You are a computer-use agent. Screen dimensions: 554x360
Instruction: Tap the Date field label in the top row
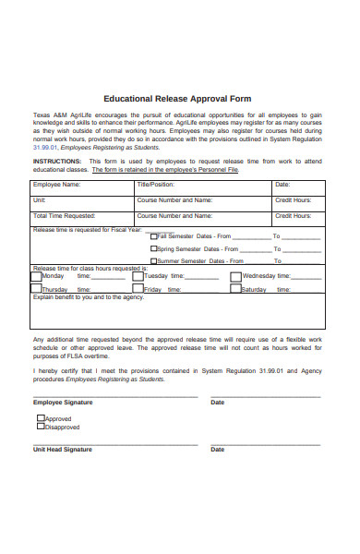click(282, 185)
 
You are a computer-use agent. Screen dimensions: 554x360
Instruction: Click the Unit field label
click(39, 199)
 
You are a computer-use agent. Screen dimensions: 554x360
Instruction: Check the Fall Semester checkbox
click(154, 235)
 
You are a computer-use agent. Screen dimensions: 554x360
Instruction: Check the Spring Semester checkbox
click(154, 248)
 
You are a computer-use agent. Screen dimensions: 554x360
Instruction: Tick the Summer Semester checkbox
click(154, 261)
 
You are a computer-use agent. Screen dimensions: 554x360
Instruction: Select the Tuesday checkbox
click(138, 275)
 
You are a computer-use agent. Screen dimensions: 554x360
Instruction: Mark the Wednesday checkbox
click(236, 275)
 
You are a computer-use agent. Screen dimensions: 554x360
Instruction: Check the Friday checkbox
click(138, 288)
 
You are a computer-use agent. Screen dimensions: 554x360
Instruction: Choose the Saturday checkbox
click(236, 288)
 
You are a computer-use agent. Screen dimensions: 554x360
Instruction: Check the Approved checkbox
click(41, 417)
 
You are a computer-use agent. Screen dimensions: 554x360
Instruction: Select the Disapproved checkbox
click(41, 427)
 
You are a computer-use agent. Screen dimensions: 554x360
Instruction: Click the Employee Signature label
click(62, 403)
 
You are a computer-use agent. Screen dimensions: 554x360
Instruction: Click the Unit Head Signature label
click(63, 450)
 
